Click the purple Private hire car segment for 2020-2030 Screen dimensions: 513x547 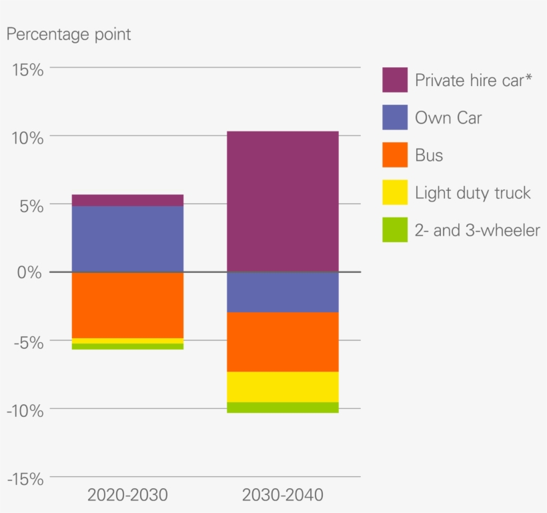coord(127,200)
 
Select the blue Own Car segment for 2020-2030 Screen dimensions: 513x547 coord(127,239)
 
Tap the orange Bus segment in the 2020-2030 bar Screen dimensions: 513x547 coord(127,305)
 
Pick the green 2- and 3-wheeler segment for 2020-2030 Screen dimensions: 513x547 coord(127,346)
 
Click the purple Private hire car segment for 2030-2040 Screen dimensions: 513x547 coord(283,201)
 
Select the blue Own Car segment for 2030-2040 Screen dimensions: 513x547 coord(283,292)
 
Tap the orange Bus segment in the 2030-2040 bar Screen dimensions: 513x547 coord(283,342)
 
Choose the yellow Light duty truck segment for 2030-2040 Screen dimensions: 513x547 coord(283,387)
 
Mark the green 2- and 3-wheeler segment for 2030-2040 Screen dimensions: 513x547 coord(283,408)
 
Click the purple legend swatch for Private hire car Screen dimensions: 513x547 coord(394,80)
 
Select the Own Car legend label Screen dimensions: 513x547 coord(448,118)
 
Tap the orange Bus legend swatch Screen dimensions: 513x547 coord(394,155)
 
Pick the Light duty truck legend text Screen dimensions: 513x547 coord(472,193)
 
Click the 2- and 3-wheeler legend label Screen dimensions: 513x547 coord(477,231)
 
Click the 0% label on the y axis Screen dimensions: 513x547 coord(29,273)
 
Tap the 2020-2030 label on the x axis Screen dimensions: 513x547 coord(127,496)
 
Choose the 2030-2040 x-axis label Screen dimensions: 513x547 coord(283,496)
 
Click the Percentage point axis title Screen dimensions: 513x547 coord(69,35)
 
